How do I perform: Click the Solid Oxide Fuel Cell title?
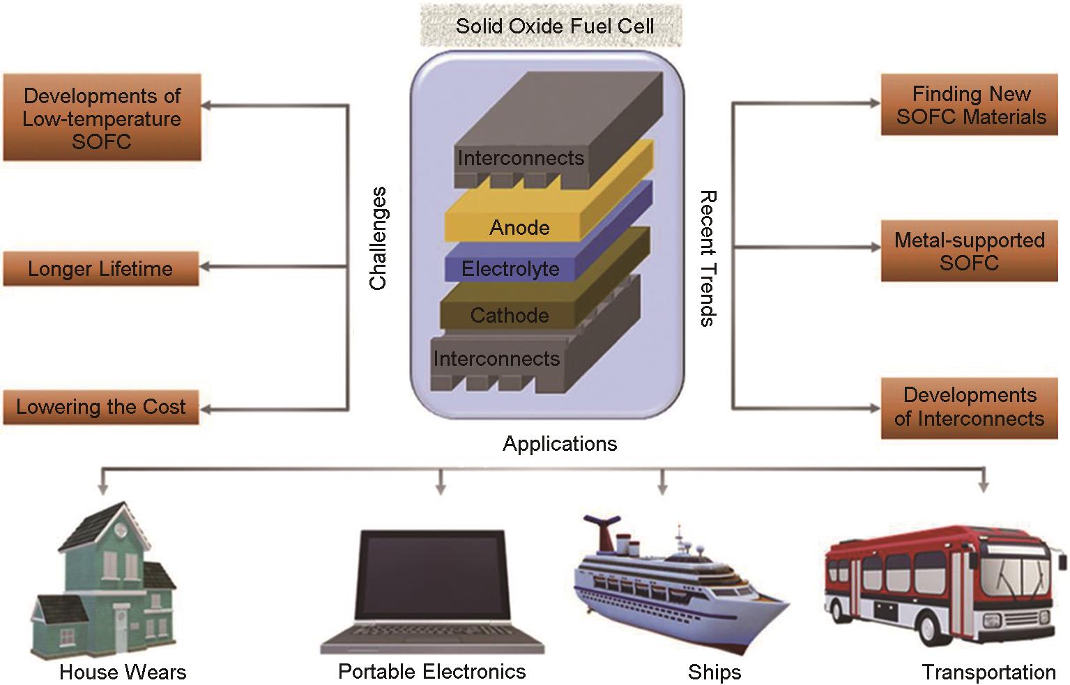click(x=554, y=26)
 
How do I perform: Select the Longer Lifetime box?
click(x=100, y=269)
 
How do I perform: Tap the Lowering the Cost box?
click(x=101, y=407)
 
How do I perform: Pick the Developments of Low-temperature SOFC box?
click(x=102, y=118)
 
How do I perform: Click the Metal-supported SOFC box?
click(x=970, y=251)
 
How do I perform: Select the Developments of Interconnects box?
click(x=970, y=407)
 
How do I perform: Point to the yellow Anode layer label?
click(x=519, y=227)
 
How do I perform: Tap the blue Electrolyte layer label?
click(x=510, y=269)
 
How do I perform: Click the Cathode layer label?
click(x=509, y=315)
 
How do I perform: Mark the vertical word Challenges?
click(x=378, y=238)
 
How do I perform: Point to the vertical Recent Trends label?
click(x=708, y=258)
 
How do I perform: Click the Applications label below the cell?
click(x=560, y=444)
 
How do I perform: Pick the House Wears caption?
click(x=123, y=672)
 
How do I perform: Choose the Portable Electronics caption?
click(x=431, y=671)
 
